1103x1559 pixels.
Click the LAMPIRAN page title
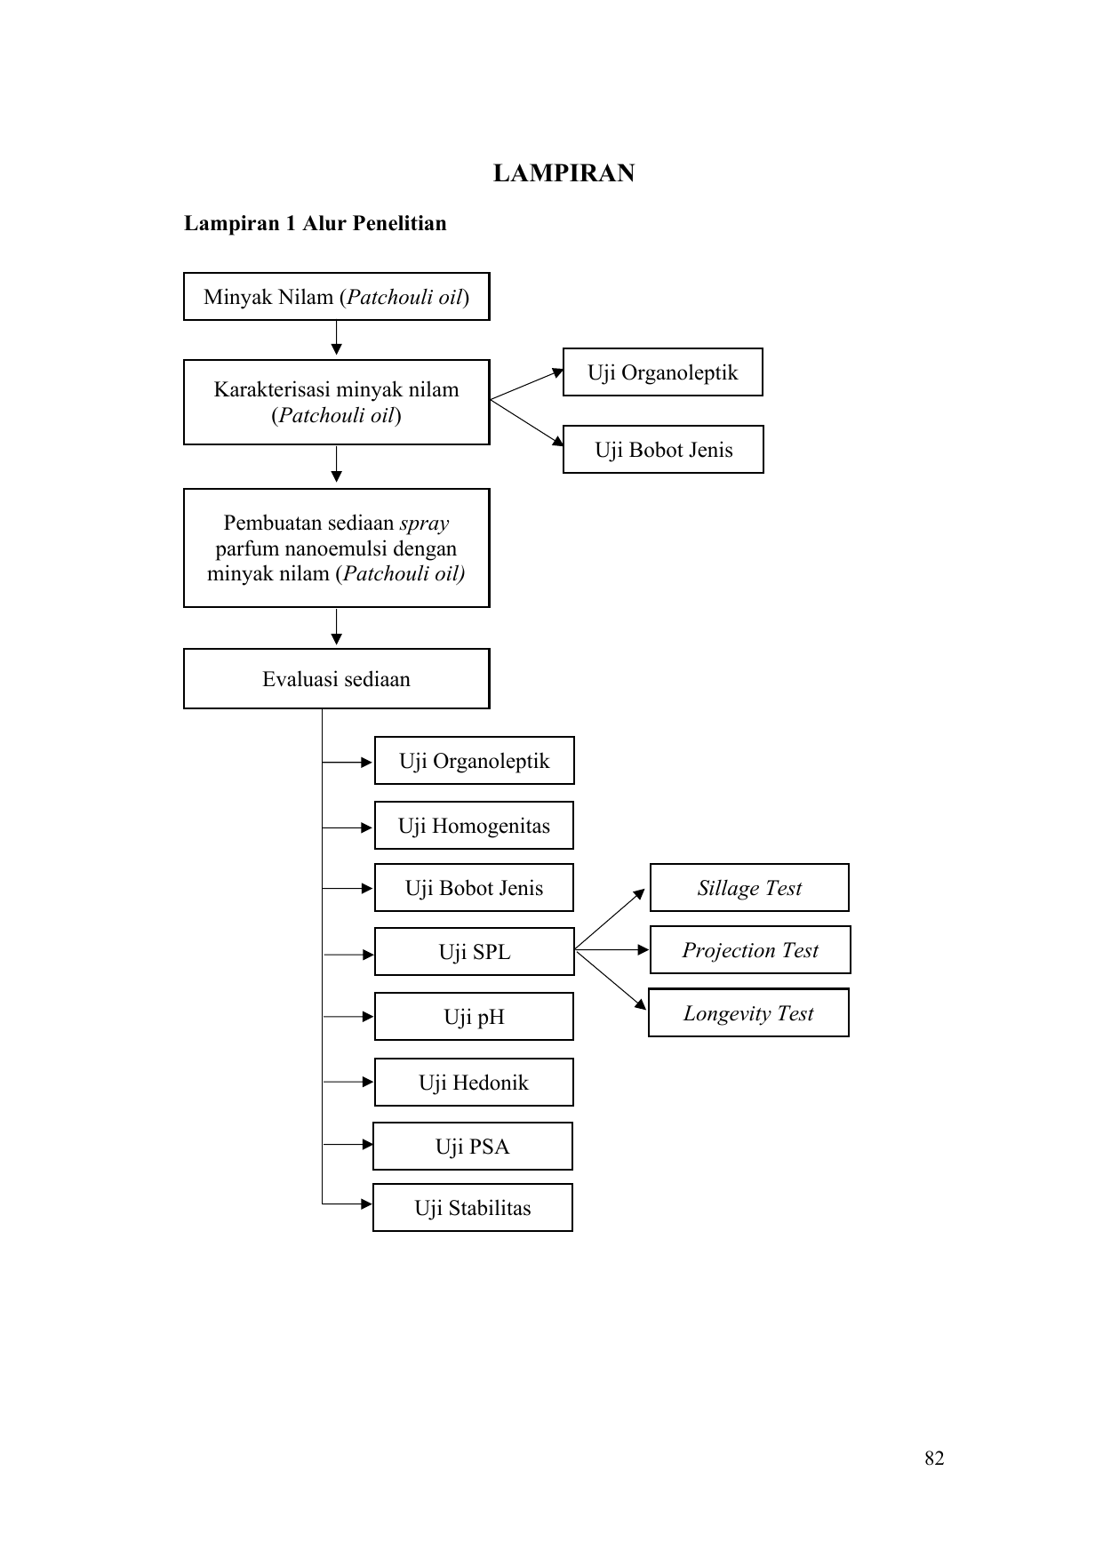click(x=563, y=173)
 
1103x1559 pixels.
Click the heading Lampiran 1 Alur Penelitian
click(x=316, y=223)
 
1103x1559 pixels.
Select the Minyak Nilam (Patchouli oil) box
click(x=337, y=297)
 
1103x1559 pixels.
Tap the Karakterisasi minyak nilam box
click(x=337, y=402)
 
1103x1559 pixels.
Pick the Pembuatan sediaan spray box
click(x=337, y=548)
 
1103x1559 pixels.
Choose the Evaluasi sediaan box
click(x=337, y=679)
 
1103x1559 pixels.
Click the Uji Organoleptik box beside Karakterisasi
click(x=663, y=372)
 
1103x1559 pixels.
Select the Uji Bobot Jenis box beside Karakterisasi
click(x=663, y=450)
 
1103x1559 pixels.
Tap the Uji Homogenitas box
click(x=474, y=826)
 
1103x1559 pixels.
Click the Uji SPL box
click(x=475, y=952)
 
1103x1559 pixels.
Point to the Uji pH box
click(x=474, y=1017)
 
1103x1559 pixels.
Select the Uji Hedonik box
click(x=474, y=1083)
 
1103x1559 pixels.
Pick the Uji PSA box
click(x=473, y=1147)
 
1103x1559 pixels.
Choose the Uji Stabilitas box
click(x=473, y=1208)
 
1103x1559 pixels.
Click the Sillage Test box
click(x=749, y=888)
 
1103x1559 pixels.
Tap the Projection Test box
click(x=750, y=950)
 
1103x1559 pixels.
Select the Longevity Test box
click(x=748, y=1012)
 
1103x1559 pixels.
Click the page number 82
click(x=934, y=1459)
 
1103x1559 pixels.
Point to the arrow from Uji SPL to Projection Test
click(x=612, y=950)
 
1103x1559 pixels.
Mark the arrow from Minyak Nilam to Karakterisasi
click(x=337, y=339)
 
